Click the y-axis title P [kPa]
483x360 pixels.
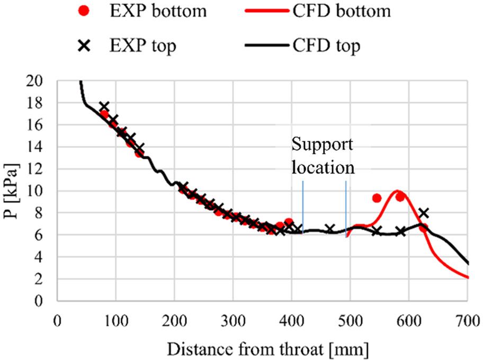[x=13, y=191]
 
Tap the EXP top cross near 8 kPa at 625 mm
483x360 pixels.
[x=423, y=213]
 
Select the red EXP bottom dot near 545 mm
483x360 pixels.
[x=377, y=198]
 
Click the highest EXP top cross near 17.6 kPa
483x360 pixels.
[x=104, y=106]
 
